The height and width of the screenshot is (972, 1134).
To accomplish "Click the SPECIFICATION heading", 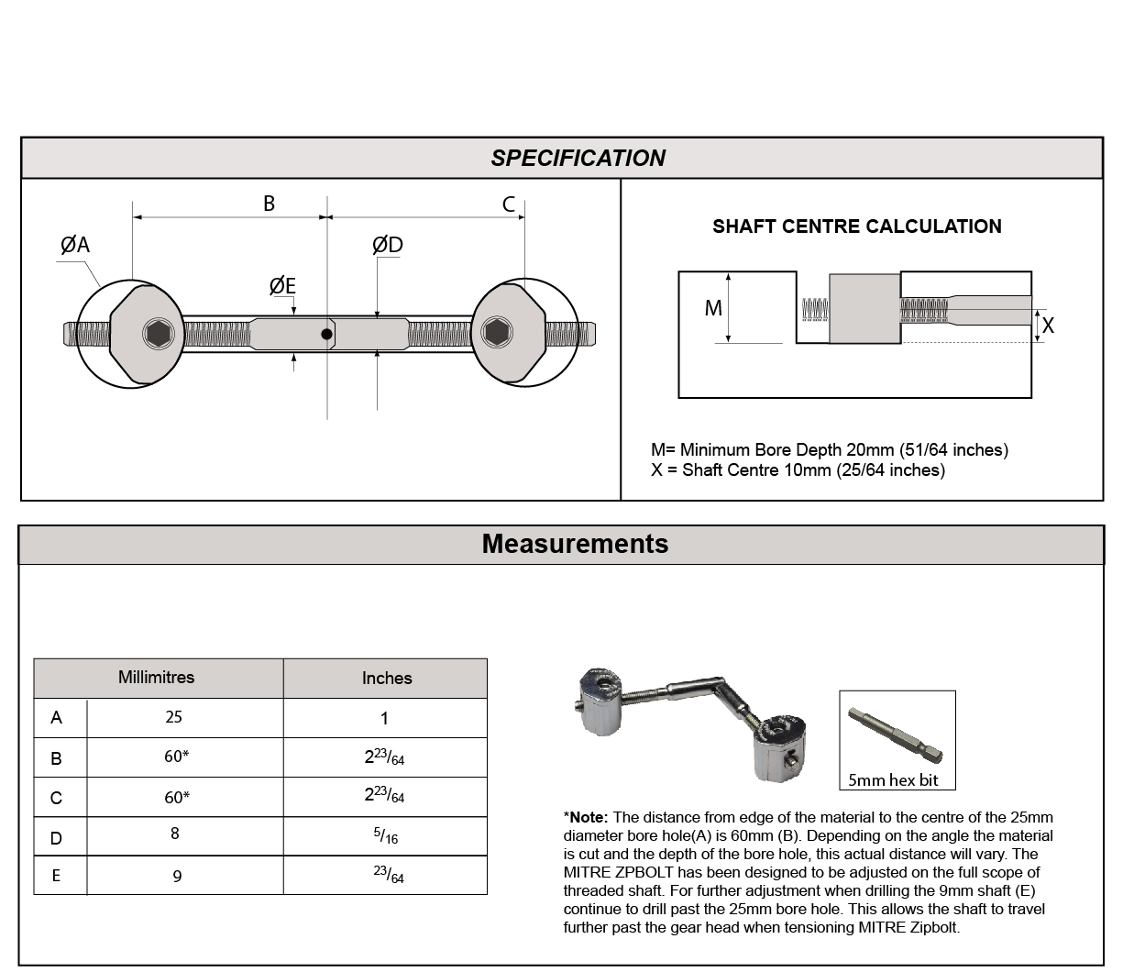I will (578, 158).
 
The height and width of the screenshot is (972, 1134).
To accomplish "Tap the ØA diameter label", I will (75, 245).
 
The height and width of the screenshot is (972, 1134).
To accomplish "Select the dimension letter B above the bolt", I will (269, 204).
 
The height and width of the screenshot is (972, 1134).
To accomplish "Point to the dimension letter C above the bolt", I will (509, 204).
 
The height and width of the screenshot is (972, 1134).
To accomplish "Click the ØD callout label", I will (387, 245).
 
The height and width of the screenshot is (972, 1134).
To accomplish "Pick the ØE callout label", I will (282, 286).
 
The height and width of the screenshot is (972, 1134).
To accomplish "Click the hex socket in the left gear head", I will (158, 334).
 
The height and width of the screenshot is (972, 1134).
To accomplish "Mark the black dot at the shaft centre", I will (326, 334).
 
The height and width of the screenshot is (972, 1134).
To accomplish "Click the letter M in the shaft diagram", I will (713, 309).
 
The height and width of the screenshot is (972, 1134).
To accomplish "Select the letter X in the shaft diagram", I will (1048, 326).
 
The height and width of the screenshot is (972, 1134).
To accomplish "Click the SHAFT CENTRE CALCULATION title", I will (856, 226).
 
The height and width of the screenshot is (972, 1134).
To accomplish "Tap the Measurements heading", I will (575, 544).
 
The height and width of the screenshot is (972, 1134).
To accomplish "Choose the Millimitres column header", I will (156, 678).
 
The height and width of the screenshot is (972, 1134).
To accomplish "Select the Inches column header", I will (386, 679).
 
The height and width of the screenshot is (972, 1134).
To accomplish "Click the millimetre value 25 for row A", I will (173, 717).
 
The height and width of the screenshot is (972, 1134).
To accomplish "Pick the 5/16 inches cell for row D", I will (386, 836).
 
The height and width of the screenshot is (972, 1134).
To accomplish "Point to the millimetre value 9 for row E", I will (177, 877).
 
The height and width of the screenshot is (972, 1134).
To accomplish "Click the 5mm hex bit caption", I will (893, 780).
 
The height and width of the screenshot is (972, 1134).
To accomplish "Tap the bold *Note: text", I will (586, 817).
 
